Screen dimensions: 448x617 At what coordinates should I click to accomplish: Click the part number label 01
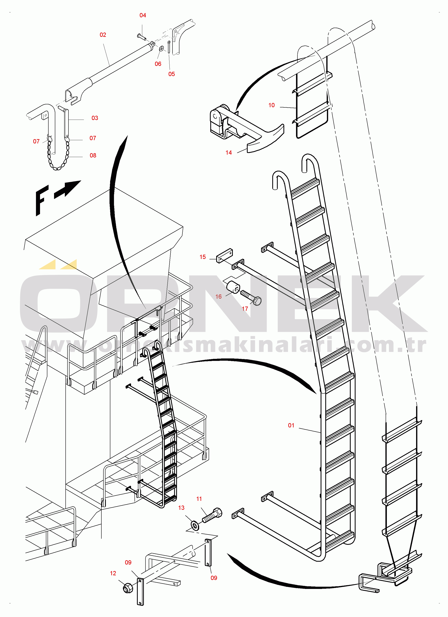click(x=291, y=425)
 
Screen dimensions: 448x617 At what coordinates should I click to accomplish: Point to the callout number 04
click(x=143, y=15)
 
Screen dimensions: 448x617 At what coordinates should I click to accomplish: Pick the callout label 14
click(x=229, y=153)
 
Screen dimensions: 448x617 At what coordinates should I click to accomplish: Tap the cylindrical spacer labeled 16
click(x=233, y=288)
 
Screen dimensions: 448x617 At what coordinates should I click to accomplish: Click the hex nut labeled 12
click(x=127, y=588)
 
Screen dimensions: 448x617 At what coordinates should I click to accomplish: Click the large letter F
click(x=42, y=200)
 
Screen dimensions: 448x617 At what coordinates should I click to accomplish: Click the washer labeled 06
click(x=161, y=49)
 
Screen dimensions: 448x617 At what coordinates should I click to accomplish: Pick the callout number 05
click(x=171, y=74)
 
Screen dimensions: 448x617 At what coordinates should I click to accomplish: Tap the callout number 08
click(x=93, y=155)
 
